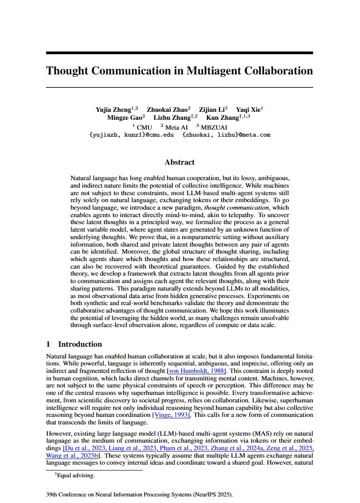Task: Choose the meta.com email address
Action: [226, 135]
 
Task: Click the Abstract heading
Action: [179, 162]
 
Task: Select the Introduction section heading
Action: [80, 344]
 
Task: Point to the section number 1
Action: [48, 344]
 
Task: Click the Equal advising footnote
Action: [74, 475]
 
